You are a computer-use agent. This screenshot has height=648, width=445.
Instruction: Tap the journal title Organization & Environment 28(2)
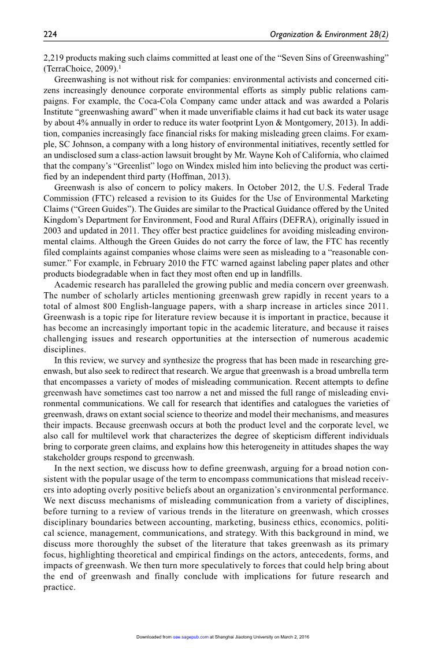pyautogui.click(x=329, y=35)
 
